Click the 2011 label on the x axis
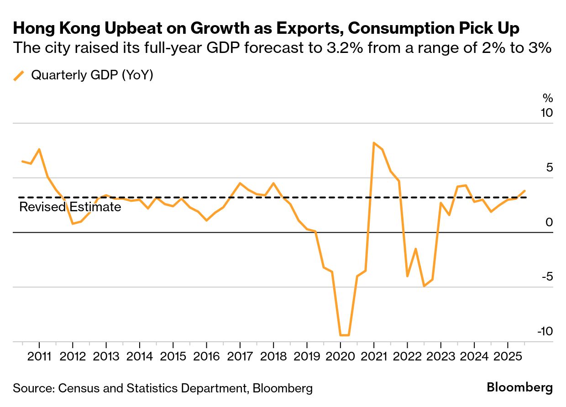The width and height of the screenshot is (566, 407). pos(39,355)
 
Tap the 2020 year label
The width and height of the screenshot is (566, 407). pos(340,355)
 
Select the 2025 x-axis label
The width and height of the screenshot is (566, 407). pos(507,355)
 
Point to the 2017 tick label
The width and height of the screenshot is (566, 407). pos(240,355)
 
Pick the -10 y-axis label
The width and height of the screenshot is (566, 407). pos(544,331)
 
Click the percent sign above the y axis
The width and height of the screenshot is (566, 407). pos(547,98)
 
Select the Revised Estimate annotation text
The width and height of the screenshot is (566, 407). pos(70,207)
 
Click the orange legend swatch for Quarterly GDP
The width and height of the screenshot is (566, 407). pos(19,75)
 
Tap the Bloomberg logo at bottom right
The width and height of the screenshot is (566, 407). pos(519,388)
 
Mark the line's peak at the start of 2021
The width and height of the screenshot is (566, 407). pos(374,143)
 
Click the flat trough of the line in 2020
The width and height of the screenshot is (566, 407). pos(345,335)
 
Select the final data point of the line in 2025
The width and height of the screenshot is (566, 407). pos(524,191)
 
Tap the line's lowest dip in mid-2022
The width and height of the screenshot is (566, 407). pos(424,286)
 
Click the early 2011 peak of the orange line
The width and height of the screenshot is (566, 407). pos(39,149)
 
